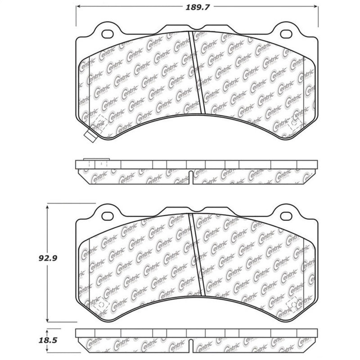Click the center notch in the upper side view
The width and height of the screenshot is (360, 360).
(x=191, y=177)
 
